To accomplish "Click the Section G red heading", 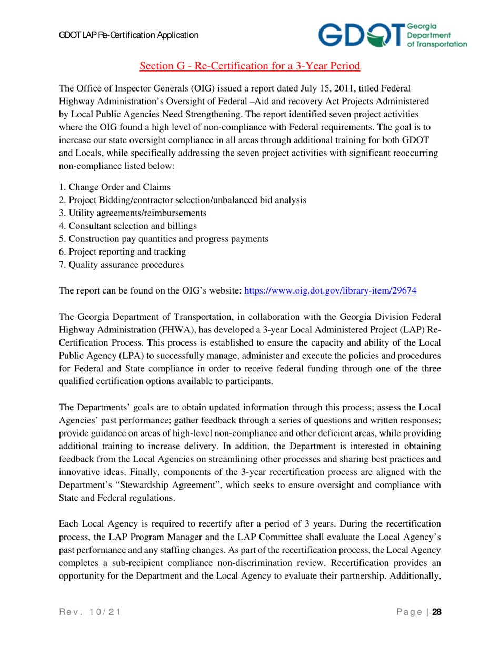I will coord(249,66).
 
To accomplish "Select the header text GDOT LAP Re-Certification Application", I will coord(128,36).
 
